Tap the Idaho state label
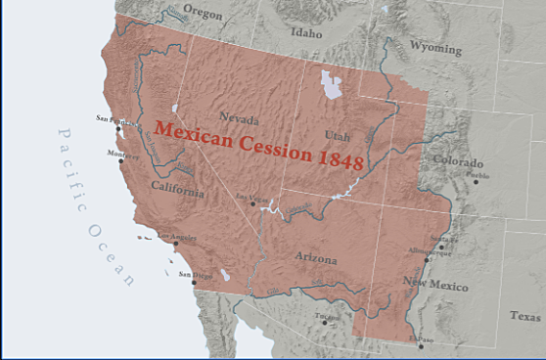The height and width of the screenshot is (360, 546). pos(305,32)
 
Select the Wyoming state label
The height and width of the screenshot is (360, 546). pos(435,46)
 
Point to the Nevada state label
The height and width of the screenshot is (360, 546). pos(239,117)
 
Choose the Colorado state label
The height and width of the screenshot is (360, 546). pos(457,162)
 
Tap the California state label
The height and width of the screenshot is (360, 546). pos(177,189)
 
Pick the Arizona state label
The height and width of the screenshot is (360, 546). pos(315,259)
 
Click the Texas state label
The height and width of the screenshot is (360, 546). pos(524,316)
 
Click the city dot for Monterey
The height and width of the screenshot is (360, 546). pos(121,160)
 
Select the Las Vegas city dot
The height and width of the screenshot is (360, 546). pos(252,203)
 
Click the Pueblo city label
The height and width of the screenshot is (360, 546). pos(478,176)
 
